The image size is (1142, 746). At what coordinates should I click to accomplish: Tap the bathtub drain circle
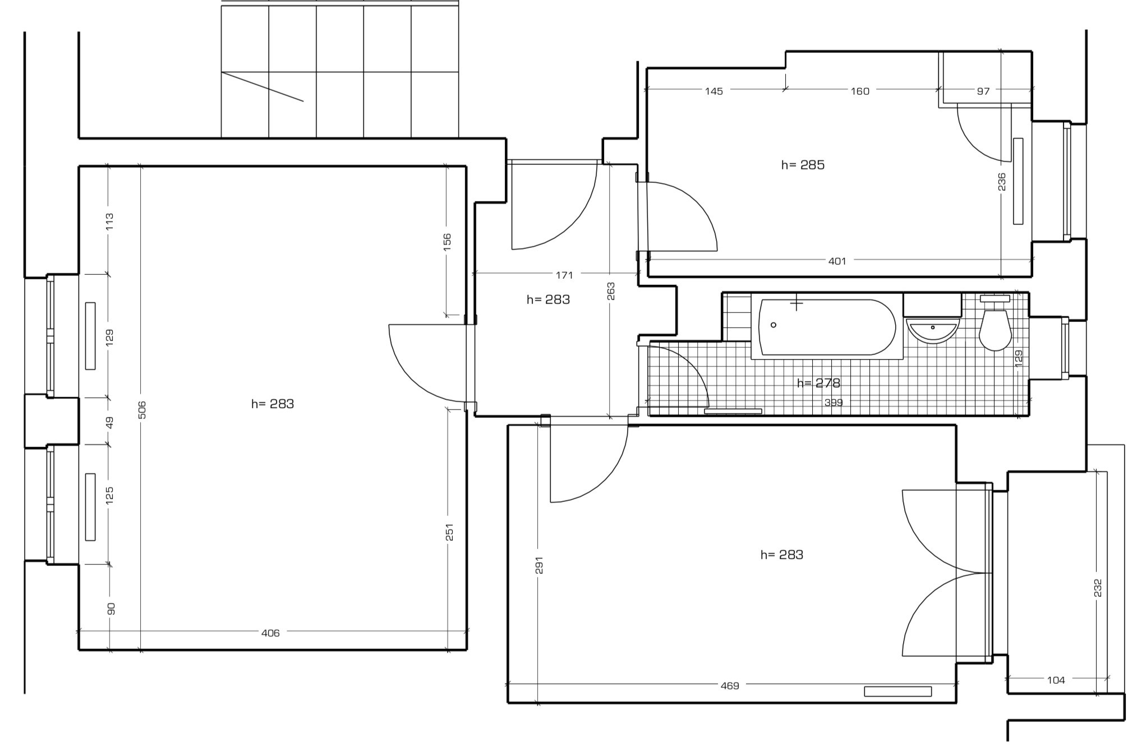773,325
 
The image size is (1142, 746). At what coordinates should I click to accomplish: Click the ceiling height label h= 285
803,165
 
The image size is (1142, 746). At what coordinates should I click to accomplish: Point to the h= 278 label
818,383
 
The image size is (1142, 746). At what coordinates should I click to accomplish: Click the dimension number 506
142,409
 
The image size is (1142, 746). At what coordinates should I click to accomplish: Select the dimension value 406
270,633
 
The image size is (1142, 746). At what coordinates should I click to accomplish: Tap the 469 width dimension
730,685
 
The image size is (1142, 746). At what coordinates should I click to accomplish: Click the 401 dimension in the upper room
837,261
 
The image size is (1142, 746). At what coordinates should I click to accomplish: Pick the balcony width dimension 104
1056,680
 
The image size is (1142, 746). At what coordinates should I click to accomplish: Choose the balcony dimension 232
1098,587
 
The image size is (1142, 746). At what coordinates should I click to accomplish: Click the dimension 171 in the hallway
564,275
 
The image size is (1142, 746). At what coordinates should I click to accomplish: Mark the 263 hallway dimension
611,291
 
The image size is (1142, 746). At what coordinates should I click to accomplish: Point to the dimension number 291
539,565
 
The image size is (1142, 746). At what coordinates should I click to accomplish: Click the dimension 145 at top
714,91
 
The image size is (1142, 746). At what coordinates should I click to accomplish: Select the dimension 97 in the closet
983,91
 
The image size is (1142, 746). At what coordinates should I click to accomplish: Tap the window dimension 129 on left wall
109,337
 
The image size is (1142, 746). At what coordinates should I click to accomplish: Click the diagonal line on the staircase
263,87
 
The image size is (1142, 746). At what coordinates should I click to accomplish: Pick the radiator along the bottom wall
897,692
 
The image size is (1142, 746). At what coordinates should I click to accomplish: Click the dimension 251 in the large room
449,532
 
